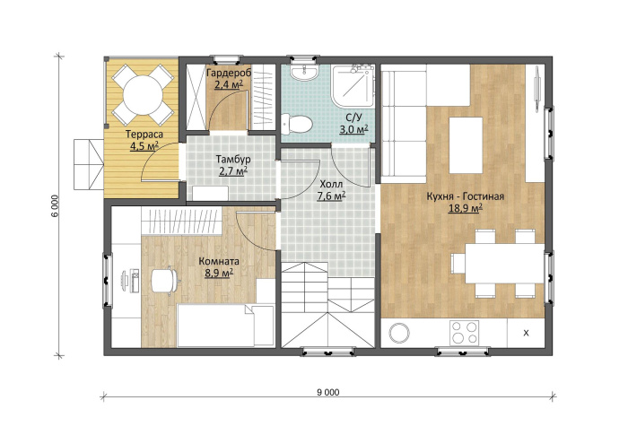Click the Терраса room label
144,135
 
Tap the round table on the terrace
143,95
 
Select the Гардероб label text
229,73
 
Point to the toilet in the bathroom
296,124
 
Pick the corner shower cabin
353,86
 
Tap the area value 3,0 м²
353,129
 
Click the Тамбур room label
233,160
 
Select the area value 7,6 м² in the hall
331,196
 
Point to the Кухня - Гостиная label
465,196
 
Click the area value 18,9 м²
465,208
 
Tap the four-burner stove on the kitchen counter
465,333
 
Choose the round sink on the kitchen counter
399,333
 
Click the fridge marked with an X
526,333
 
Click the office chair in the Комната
164,280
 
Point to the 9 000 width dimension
328,392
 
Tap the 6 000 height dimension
56,205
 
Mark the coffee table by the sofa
466,145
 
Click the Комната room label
219,262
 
